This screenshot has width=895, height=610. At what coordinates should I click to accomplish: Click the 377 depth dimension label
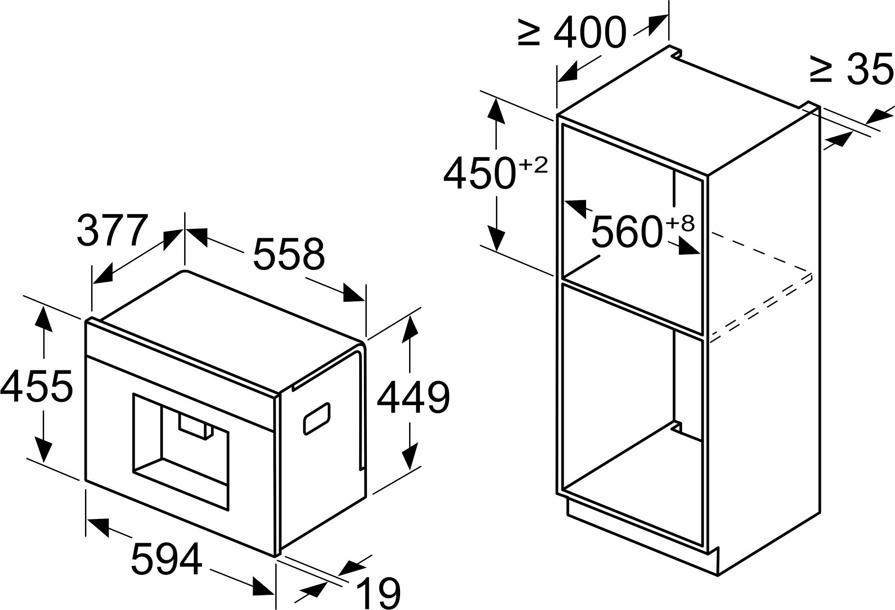coord(112,231)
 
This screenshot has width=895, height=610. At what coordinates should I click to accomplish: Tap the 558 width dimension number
coord(289,255)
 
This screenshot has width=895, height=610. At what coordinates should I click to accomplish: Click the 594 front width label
coord(167,559)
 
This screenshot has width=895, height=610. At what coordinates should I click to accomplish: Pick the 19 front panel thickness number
coord(379,592)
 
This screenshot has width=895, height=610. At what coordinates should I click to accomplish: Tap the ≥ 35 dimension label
coord(852,69)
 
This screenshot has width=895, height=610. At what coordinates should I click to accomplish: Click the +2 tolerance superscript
coord(533,166)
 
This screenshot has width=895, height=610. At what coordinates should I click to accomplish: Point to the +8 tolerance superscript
coord(681,223)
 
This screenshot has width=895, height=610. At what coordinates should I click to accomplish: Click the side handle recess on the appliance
coord(317,418)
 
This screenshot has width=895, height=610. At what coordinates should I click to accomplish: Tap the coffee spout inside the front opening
coord(196,425)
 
